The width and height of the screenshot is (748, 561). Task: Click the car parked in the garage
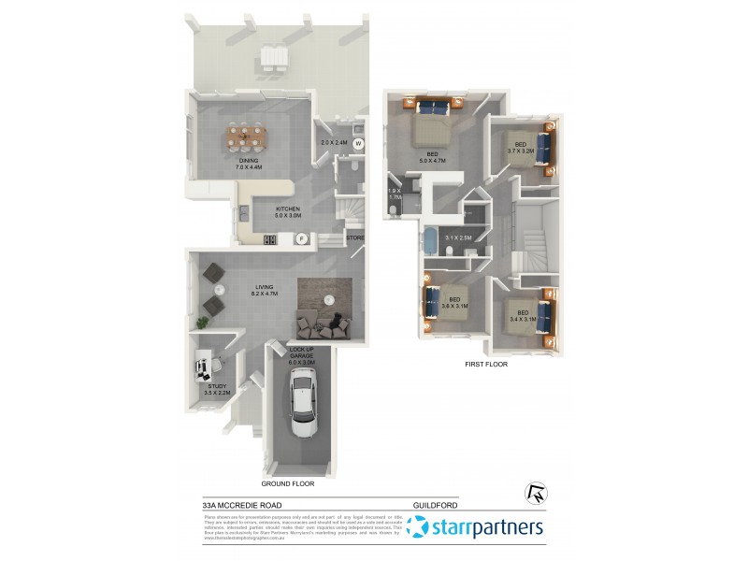(303, 402)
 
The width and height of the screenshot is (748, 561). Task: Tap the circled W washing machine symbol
(357, 144)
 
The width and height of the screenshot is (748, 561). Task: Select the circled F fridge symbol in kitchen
(302, 238)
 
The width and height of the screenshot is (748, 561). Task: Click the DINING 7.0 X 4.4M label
(249, 164)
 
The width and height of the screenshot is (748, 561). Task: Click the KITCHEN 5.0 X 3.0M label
(287, 212)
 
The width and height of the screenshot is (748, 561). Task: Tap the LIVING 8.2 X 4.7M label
(268, 290)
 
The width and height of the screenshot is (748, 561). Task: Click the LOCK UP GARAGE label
(301, 354)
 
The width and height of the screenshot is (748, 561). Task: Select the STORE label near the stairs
(355, 238)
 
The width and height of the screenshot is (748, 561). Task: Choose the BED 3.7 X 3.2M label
(521, 147)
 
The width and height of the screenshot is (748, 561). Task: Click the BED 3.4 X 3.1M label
(522, 315)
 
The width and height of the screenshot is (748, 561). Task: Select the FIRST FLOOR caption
(485, 364)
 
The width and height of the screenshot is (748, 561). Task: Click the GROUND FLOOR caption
(287, 484)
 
